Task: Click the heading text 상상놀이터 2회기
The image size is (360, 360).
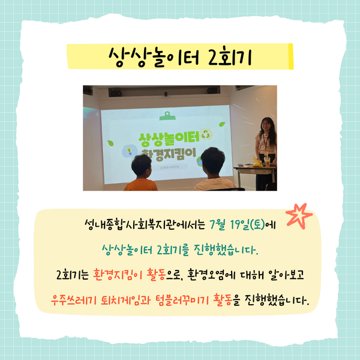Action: (180, 57)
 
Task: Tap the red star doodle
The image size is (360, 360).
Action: (299, 216)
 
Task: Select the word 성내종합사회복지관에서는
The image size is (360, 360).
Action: (145, 224)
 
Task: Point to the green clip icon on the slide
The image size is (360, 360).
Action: (167, 116)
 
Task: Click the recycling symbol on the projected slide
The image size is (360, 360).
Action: (206, 134)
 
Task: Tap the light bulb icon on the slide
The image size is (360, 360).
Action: (130, 151)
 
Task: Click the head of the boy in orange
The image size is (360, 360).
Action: (142, 166)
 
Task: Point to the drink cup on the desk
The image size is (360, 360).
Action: (267, 161)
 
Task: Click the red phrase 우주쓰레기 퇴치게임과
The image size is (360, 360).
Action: (100, 299)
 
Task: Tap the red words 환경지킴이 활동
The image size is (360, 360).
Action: (130, 274)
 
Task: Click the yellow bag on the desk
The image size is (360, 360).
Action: (257, 161)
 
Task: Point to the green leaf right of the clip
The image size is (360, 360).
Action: (222, 124)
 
